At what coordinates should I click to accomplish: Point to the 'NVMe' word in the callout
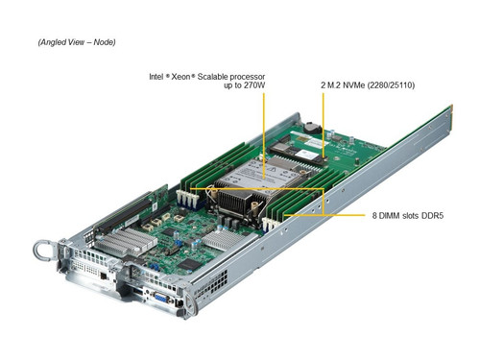(x=357, y=85)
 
